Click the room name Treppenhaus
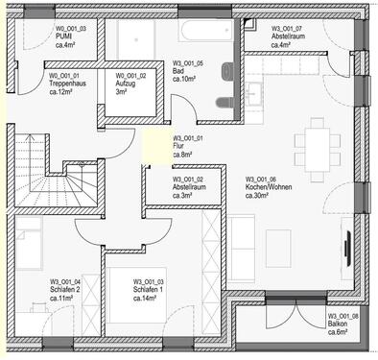(69, 84)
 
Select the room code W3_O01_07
(287, 30)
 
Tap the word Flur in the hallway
(178, 146)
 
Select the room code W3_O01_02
(188, 180)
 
